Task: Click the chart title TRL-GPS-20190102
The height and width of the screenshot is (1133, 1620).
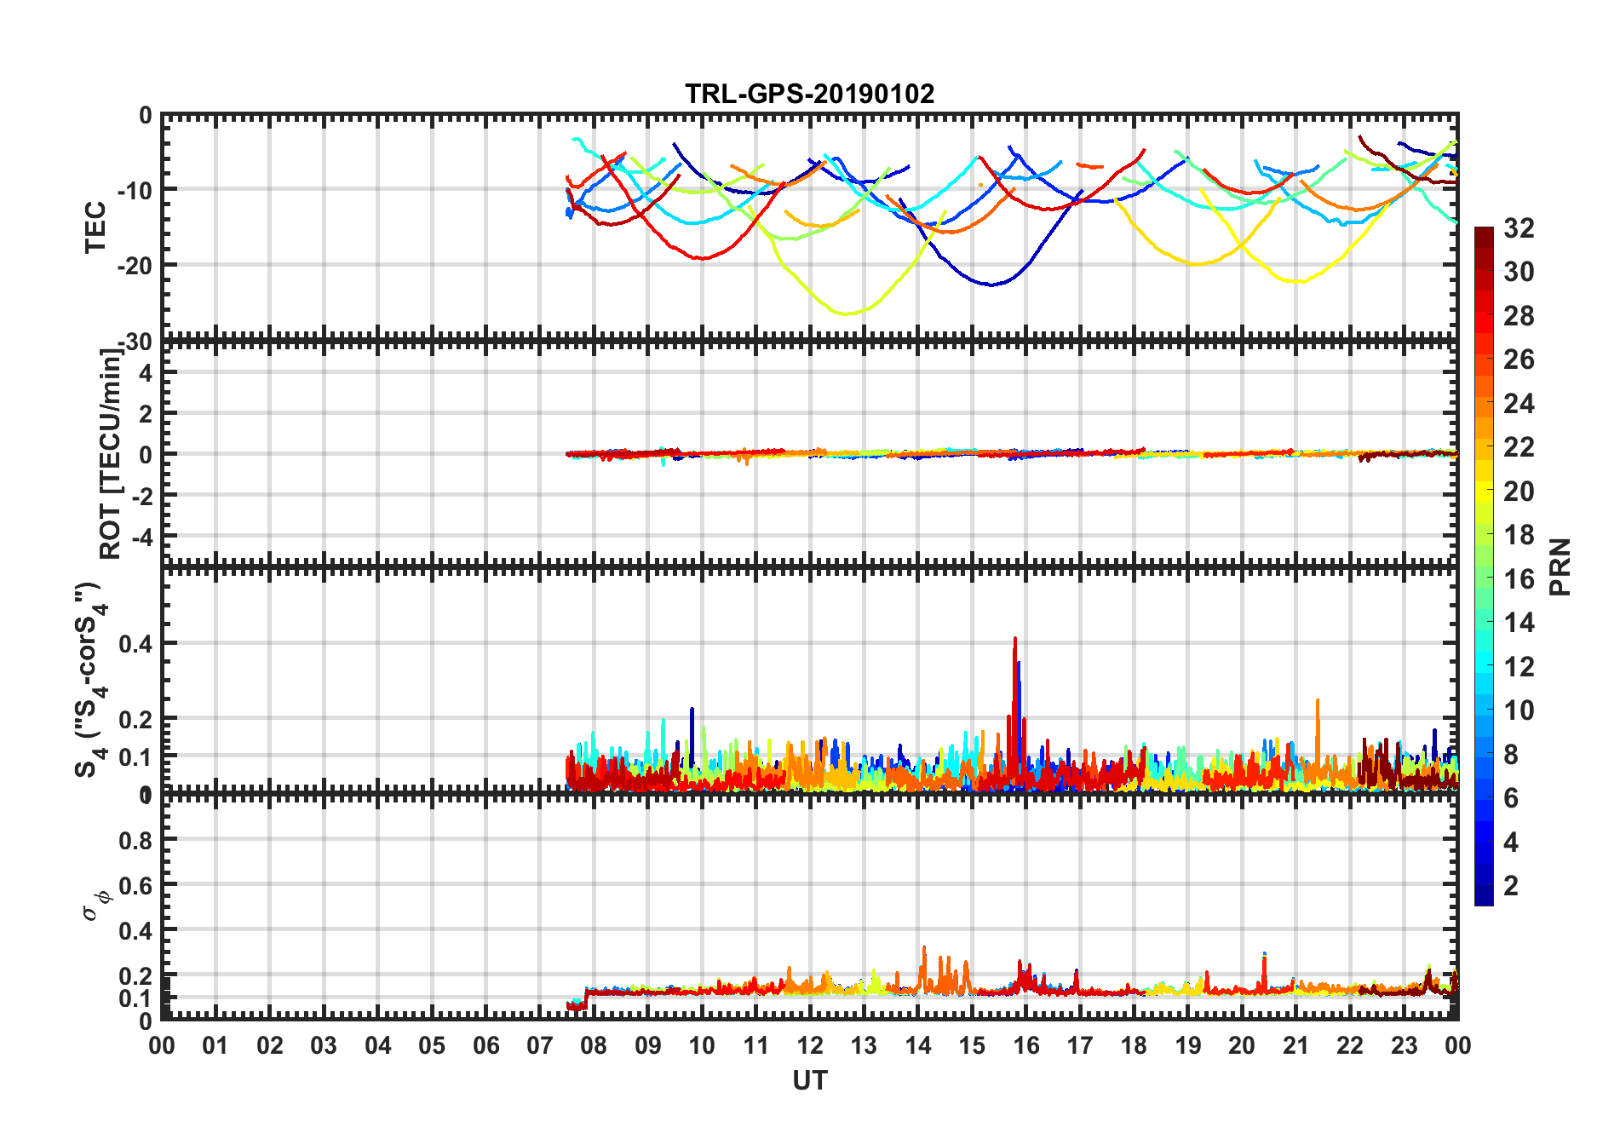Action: (x=809, y=94)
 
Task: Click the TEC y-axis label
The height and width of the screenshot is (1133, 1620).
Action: (x=95, y=227)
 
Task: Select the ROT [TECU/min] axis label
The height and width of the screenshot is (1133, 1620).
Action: (x=111, y=453)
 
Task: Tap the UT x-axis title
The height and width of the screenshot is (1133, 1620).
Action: (x=809, y=1081)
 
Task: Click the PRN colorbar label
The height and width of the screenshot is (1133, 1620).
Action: (x=1560, y=566)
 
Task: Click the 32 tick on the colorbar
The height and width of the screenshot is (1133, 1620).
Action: (x=1519, y=228)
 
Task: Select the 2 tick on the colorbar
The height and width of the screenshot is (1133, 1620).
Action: (x=1511, y=886)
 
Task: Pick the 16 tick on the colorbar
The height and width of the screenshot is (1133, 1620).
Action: (x=1519, y=579)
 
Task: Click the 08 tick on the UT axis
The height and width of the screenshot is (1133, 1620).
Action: (x=594, y=1045)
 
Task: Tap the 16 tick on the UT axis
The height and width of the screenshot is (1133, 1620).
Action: (x=1025, y=1045)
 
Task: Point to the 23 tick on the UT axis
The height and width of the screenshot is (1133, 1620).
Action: (x=1404, y=1045)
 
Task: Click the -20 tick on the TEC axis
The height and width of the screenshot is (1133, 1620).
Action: (x=135, y=265)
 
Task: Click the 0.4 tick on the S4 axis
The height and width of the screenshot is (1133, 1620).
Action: (x=135, y=644)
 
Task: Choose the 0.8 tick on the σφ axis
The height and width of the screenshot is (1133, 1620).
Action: (x=135, y=840)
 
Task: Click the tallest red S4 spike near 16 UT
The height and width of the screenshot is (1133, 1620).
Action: (x=1014, y=639)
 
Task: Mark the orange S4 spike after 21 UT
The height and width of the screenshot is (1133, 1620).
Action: (x=1318, y=701)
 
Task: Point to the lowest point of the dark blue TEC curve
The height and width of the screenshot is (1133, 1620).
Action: (x=991, y=285)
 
